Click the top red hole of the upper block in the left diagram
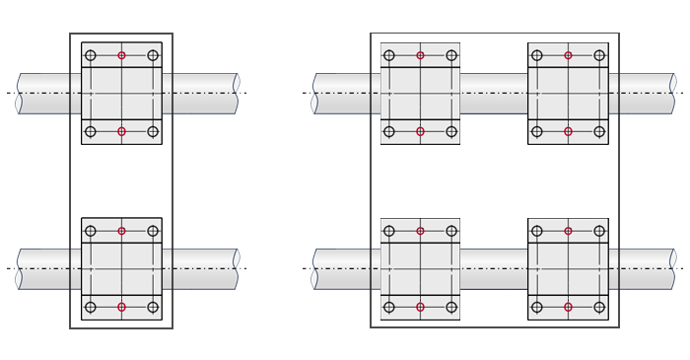pos(121,55)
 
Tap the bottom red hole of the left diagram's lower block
pos(121,307)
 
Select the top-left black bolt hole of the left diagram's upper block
pos(91,55)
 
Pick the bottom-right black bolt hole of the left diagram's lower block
pos(153,307)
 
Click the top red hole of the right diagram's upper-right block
pos(568,55)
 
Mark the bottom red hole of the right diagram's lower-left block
pos(420,307)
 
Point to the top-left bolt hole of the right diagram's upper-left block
pos(389,55)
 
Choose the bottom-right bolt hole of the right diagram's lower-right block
pos(599,307)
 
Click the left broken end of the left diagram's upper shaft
pos(19,93)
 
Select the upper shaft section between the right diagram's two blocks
pos(494,93)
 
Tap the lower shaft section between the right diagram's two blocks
pos(494,268)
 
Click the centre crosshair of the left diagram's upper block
pos(121,93)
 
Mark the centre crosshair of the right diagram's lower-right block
pos(568,268)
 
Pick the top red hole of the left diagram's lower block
pos(121,231)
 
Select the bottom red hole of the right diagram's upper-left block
pos(420,131)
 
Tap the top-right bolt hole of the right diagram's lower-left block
pos(451,231)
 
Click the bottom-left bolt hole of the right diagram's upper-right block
pos(537,131)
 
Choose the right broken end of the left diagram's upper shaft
pos(236,93)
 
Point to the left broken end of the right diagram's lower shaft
pos(314,268)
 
